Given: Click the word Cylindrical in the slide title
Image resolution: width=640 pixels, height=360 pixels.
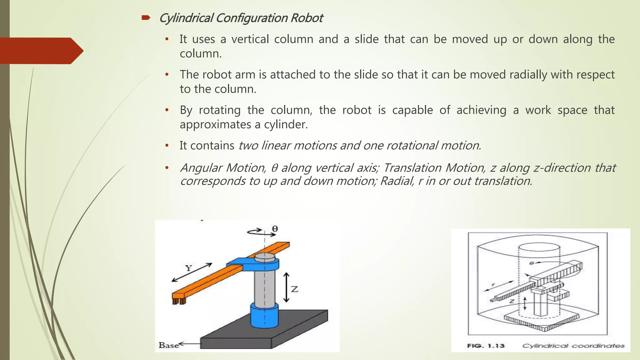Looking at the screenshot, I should pyautogui.click(x=186, y=18).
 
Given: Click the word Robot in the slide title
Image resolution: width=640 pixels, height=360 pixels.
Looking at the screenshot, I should pyautogui.click(x=307, y=18).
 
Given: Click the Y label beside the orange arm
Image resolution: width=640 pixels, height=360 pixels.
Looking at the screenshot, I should pyautogui.click(x=188, y=268).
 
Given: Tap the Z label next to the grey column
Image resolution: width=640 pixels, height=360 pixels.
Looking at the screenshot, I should pyautogui.click(x=294, y=289).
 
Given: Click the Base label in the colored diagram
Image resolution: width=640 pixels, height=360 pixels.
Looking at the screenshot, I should pyautogui.click(x=168, y=345).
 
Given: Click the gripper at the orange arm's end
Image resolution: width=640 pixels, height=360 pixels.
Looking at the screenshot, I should pyautogui.click(x=179, y=301).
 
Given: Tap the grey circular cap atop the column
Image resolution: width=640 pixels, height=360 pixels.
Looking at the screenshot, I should pyautogui.click(x=265, y=257).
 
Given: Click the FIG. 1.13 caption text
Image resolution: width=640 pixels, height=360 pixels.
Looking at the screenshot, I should pyautogui.click(x=486, y=346).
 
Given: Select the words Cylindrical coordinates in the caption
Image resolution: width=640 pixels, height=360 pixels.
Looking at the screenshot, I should pyautogui.click(x=573, y=346).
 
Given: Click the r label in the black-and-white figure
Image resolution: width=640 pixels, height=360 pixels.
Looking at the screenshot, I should pyautogui.click(x=493, y=285).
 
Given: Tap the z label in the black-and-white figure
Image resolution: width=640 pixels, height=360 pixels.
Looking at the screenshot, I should pyautogui.click(x=512, y=302).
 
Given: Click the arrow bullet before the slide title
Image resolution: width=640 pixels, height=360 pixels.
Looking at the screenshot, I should pyautogui.click(x=146, y=18).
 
